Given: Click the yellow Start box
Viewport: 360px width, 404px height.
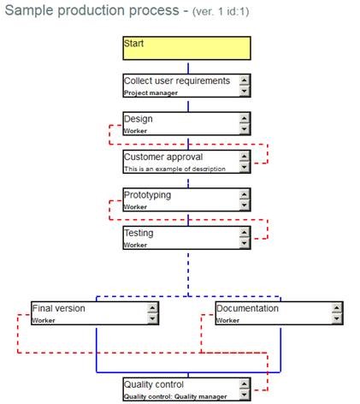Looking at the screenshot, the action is coord(186,48).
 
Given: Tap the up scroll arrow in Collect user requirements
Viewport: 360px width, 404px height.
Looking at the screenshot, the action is coord(244,80).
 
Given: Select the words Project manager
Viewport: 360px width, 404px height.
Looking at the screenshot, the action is coord(150,93).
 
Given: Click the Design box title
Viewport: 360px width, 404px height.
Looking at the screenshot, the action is coord(139,119).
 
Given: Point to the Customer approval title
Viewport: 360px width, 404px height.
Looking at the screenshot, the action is coord(163,157).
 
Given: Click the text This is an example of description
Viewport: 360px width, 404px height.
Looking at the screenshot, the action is coord(174,169).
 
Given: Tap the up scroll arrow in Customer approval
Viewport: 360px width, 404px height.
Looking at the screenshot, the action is coord(244,157).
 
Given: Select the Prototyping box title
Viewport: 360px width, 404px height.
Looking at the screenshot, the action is coord(147,195).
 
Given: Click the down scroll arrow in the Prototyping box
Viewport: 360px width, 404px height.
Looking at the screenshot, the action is coord(244,205).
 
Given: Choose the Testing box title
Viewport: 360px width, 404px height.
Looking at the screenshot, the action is coord(139,233).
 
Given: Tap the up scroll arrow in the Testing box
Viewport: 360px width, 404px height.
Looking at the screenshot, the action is coord(244,233).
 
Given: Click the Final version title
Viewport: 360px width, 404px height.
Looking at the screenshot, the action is coord(58,308).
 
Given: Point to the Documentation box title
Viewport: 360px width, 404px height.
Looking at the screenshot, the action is coord(247,308).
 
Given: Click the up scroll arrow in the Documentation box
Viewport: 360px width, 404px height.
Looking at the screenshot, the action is coord(336,308).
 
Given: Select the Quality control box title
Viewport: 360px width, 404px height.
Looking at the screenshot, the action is coord(154,384).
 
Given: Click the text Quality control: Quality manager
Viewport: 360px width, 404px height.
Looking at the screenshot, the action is coord(175,396).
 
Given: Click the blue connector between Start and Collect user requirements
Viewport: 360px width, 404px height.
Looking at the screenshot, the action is coord(188,68).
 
